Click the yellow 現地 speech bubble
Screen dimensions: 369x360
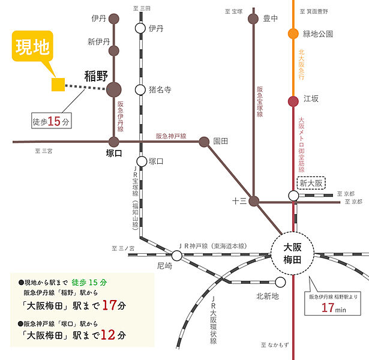point(32,46)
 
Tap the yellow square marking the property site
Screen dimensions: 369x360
point(58,85)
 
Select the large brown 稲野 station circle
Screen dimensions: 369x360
point(114,89)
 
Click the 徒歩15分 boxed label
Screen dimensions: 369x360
point(52,121)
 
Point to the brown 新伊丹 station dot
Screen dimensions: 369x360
point(114,51)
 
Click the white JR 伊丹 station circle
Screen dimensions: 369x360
point(140,28)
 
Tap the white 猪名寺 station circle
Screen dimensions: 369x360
point(140,89)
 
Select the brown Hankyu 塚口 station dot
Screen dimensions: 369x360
point(114,142)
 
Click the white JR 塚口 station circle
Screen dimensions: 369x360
point(142,161)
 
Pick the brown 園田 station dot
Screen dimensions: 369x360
point(204,142)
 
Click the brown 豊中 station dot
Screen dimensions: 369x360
point(253,19)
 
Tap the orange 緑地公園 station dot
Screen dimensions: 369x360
point(293,34)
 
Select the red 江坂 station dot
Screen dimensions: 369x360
point(293,101)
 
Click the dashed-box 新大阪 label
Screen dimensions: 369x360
point(311,183)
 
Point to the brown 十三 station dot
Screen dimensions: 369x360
point(254,201)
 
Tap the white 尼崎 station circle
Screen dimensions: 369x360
point(177,256)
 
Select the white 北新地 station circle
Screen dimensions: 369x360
point(280,282)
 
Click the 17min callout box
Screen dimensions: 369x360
point(332,304)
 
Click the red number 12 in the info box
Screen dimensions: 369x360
point(108,335)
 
